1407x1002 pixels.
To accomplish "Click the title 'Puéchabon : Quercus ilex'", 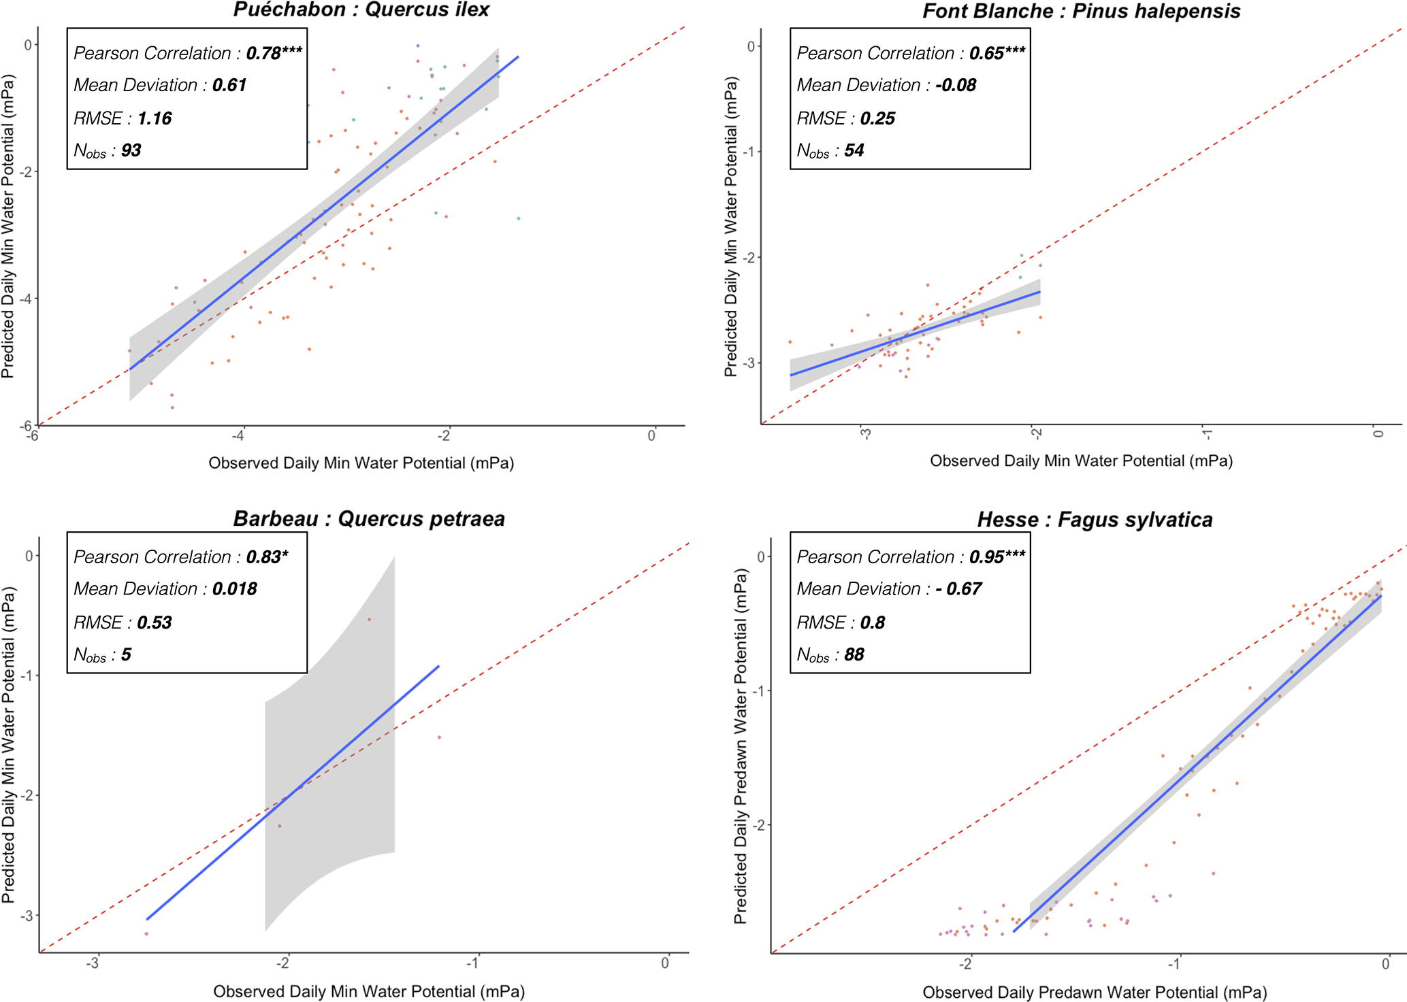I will (x=361, y=10).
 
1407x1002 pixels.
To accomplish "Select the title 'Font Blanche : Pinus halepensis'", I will (x=1081, y=12).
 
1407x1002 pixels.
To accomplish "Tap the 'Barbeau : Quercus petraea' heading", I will (x=369, y=519).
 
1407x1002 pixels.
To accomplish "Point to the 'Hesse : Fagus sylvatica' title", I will (x=1095, y=520).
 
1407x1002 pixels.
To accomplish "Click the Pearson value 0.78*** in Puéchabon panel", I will (x=274, y=53).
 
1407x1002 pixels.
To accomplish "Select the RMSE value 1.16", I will (x=155, y=118).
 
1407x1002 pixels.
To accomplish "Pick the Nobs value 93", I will (x=131, y=150).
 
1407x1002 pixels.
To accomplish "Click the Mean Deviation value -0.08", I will (x=956, y=85).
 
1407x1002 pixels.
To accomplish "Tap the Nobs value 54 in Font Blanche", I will (x=854, y=150).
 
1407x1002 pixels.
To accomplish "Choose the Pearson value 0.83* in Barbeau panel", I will (x=267, y=557).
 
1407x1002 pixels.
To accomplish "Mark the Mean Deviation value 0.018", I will (x=234, y=589).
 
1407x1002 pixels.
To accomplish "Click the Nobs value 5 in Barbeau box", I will (x=126, y=654).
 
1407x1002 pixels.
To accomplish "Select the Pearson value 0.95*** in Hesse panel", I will (x=997, y=557).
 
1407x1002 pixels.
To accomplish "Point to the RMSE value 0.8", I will (x=872, y=622).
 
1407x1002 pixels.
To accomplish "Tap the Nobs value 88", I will (x=854, y=654).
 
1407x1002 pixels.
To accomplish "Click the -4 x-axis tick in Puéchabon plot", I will (x=238, y=436).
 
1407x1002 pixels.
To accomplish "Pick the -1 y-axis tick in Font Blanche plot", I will (x=750, y=152).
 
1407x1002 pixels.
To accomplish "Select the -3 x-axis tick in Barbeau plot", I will (x=92, y=963).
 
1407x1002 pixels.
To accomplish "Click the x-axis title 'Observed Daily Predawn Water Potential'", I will (x=1094, y=992).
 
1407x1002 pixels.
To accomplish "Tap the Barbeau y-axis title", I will (x=8, y=746).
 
